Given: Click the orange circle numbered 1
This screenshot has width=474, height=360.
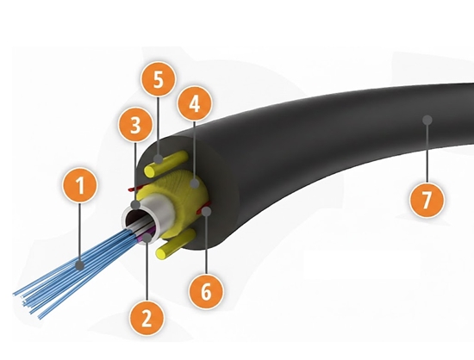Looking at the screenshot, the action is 80,186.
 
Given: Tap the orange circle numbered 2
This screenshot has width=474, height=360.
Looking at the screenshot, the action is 147,318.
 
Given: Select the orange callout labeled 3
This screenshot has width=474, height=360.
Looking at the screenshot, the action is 135,125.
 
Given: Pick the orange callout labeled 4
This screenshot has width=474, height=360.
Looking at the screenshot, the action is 195,104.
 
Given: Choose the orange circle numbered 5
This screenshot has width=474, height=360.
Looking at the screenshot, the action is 159,79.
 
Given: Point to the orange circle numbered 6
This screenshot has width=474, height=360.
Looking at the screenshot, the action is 207,291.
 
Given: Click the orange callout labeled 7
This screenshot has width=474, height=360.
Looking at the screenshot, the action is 427,200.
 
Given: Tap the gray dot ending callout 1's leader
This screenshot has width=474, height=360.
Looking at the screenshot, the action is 80,266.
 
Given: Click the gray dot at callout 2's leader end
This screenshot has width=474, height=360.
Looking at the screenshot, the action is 147,238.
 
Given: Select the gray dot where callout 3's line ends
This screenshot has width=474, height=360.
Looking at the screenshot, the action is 135,205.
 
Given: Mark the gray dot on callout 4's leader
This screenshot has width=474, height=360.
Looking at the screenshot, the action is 195,183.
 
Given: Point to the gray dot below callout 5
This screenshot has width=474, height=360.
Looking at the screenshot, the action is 158,158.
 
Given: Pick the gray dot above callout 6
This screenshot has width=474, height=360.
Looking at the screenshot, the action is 207,211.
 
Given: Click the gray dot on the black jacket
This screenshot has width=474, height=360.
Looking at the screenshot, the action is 427,120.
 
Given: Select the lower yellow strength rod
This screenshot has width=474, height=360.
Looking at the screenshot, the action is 175,244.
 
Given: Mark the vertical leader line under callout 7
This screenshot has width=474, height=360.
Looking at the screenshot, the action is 427,153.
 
